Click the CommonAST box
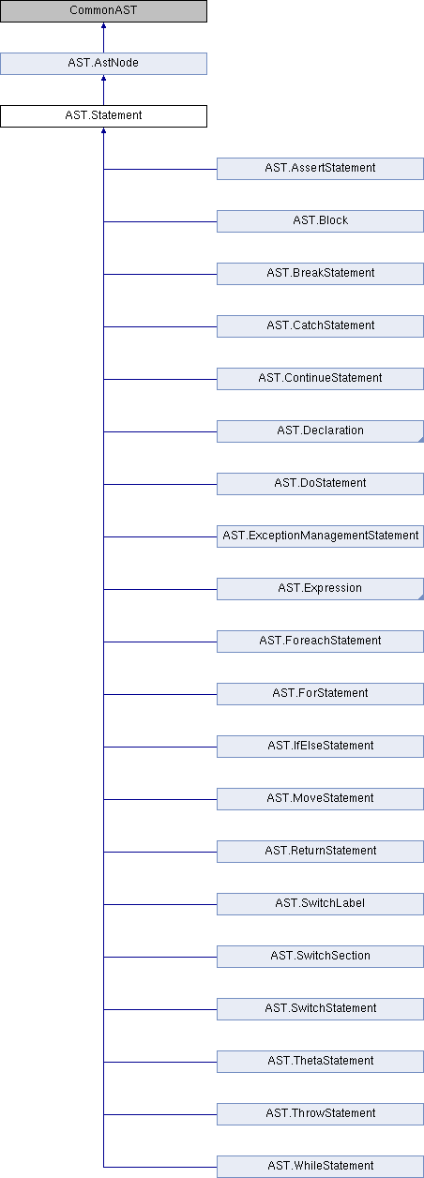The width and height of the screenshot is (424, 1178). click(x=103, y=11)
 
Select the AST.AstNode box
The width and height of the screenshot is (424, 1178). click(x=103, y=64)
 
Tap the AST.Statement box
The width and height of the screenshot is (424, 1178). click(x=103, y=116)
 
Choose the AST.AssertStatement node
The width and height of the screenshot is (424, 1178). click(x=320, y=169)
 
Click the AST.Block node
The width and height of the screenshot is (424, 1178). click(x=320, y=221)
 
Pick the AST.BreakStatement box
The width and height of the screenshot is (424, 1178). click(x=320, y=274)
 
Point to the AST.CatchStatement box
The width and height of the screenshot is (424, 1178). click(x=320, y=326)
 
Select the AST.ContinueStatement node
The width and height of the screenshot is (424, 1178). click(x=320, y=379)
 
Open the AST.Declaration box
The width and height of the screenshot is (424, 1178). click(x=320, y=431)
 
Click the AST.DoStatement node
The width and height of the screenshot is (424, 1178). click(x=320, y=484)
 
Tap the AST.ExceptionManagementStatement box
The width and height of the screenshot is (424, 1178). click(x=320, y=536)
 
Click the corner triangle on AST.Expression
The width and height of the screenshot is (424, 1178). click(x=421, y=597)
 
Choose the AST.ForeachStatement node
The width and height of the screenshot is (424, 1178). click(x=320, y=642)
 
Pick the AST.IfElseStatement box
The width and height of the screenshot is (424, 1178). click(x=320, y=748)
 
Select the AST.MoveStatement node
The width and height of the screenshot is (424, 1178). click(x=320, y=800)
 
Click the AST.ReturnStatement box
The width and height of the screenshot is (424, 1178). click(x=320, y=853)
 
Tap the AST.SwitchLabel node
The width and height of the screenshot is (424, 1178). click(x=320, y=905)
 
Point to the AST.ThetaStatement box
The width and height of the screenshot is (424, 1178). click(x=320, y=1063)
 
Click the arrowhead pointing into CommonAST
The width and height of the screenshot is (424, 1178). click(x=103, y=24)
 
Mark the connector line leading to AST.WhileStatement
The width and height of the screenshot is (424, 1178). click(x=159, y=1168)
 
